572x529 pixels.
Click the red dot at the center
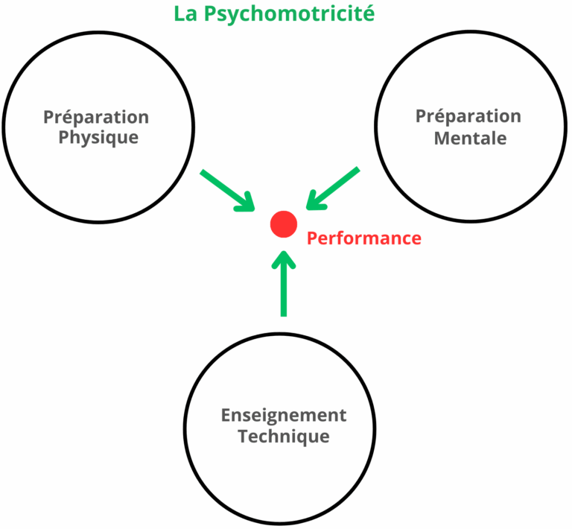284,224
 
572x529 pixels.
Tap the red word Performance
364,238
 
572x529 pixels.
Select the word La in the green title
184,13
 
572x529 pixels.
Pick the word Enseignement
284,415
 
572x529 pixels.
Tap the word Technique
284,436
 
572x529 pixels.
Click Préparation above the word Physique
96,117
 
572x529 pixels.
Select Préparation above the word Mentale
468,117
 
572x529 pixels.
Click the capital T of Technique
244,436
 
